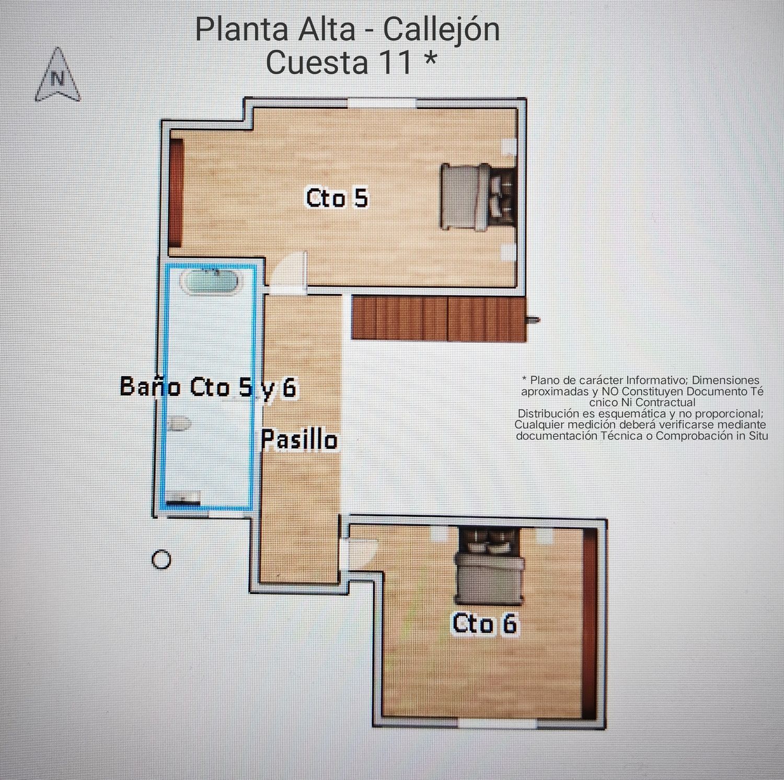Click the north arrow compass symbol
[58, 75]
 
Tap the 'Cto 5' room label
[337, 198]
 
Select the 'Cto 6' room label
[484, 624]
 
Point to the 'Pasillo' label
[299, 440]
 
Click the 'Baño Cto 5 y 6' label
[208, 387]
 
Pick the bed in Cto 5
[478, 196]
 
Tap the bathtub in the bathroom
[211, 282]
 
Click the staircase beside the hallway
[438, 318]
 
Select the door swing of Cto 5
[290, 270]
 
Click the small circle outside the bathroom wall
[161, 560]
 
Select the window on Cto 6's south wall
[498, 723]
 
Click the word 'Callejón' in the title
[442, 30]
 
